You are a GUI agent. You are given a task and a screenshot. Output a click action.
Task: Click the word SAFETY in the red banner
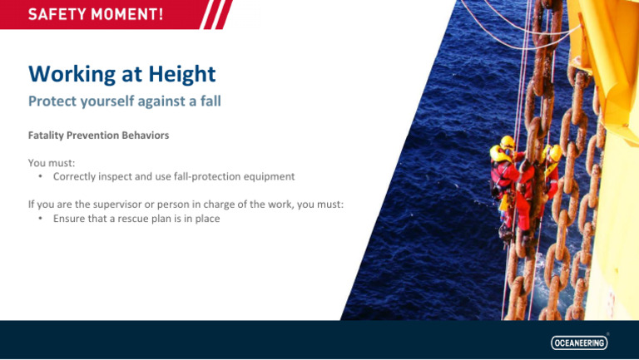[x=58, y=14]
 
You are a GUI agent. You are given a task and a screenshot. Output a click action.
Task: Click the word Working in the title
[x=70, y=74]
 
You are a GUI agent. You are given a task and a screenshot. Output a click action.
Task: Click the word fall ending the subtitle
[x=209, y=102]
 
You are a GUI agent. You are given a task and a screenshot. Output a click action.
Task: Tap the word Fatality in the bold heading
[x=47, y=135]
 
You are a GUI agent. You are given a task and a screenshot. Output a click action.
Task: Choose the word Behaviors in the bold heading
[x=145, y=135]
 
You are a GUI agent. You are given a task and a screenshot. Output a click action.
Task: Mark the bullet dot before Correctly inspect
[x=41, y=177]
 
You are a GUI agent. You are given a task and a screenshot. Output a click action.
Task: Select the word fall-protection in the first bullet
[x=211, y=177]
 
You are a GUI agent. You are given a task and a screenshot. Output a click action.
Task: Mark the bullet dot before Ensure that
[x=41, y=219]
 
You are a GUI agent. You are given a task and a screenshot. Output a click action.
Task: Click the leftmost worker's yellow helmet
[x=507, y=141]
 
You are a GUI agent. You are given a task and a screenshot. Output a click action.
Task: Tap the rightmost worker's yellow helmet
[x=555, y=153]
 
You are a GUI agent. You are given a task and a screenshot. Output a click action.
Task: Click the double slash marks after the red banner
[x=218, y=14]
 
